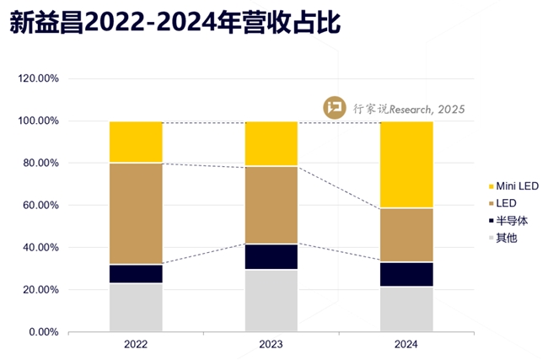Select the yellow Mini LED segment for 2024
[x=406, y=164]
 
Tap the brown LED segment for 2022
[x=136, y=213]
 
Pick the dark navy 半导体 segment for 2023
[x=271, y=256]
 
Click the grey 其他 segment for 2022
[x=136, y=307]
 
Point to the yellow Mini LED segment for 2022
[x=136, y=142]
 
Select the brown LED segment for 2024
[x=406, y=234]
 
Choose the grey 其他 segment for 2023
[x=271, y=300]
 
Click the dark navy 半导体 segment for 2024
[x=406, y=274]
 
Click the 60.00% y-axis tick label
[x=40, y=205]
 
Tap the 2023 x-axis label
[x=271, y=345]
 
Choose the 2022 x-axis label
[x=136, y=345]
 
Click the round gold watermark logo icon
[x=336, y=108]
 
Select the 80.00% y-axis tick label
[x=40, y=163]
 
